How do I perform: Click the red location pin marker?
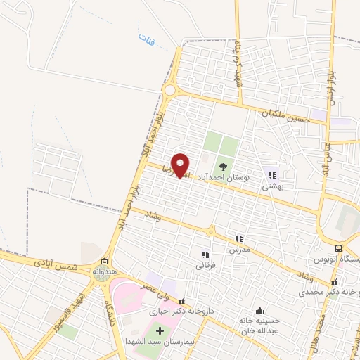[181, 165]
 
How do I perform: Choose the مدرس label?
[239, 250]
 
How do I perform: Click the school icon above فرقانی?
[205, 255]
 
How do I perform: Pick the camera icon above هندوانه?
[103, 260]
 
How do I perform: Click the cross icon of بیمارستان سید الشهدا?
[159, 330]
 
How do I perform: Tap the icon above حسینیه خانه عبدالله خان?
[259, 311]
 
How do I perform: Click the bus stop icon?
[338, 249]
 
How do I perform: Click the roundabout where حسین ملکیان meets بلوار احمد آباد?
[170, 90]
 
